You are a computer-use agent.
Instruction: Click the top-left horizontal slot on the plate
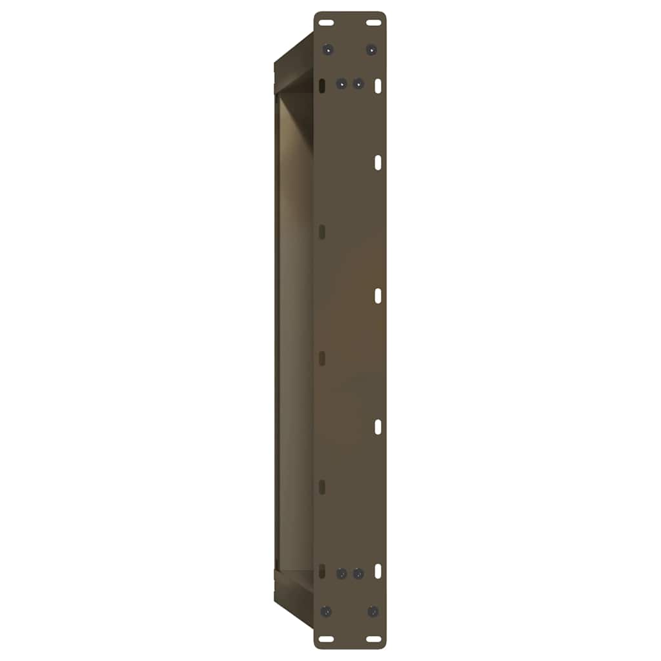(327, 23)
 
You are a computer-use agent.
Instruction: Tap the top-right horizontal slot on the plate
(374, 23)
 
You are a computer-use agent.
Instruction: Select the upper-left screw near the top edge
(329, 49)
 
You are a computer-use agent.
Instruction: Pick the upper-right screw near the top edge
(371, 49)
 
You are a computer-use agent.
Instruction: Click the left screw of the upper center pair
(341, 84)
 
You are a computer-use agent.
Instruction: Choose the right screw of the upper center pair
(357, 84)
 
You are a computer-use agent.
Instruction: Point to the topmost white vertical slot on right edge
(378, 85)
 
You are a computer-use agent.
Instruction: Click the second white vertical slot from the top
(378, 163)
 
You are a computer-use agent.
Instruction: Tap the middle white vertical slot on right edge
(378, 296)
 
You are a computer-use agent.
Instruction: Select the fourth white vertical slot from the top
(378, 427)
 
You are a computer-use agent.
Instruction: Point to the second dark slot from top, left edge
(322, 230)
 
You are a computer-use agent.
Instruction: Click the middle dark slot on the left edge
(322, 359)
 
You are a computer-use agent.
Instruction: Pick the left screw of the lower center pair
(342, 573)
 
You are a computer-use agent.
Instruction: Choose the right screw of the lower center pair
(358, 573)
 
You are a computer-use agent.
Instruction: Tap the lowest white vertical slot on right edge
(378, 571)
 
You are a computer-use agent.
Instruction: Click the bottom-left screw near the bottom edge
(327, 611)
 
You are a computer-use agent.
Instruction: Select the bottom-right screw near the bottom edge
(372, 611)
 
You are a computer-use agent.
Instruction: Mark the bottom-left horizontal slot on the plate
(327, 639)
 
